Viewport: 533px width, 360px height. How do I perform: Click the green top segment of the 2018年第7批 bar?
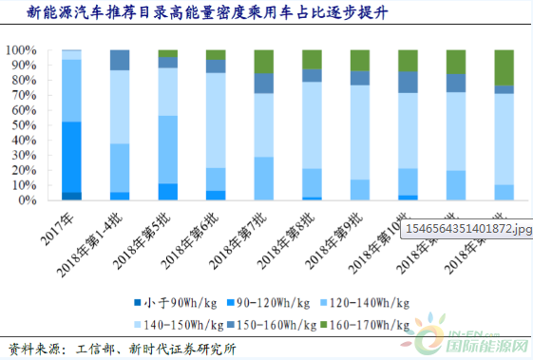pyautogui.click(x=264, y=62)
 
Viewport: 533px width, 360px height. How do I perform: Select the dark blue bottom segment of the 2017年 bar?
pyautogui.click(x=71, y=196)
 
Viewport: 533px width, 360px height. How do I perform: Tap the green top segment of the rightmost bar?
pyautogui.click(x=504, y=66)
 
